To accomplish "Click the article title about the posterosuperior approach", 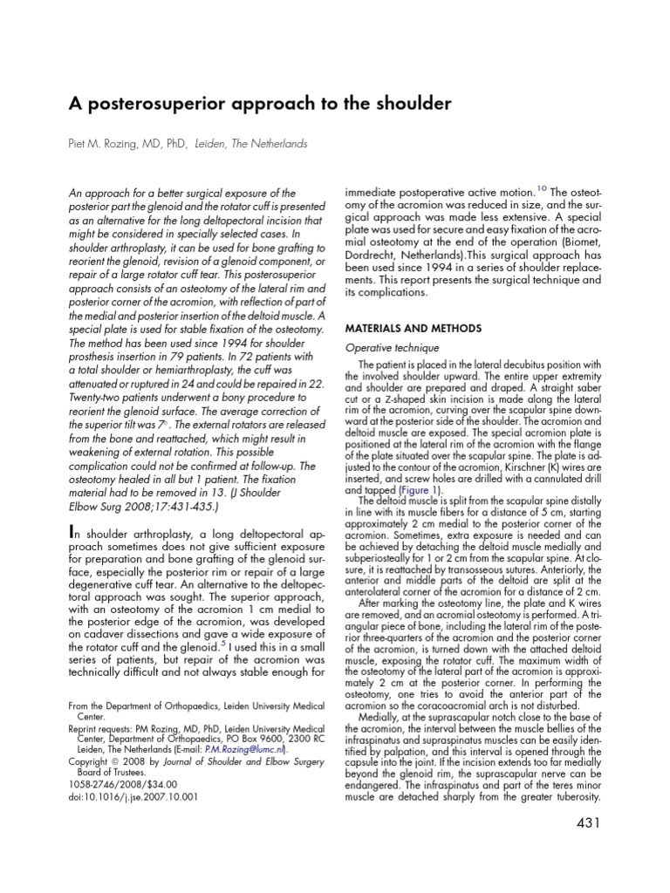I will point(260,104).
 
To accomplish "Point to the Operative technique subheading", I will point(387,347).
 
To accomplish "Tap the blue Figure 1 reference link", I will point(422,491).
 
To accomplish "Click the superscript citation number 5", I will point(223,642).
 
